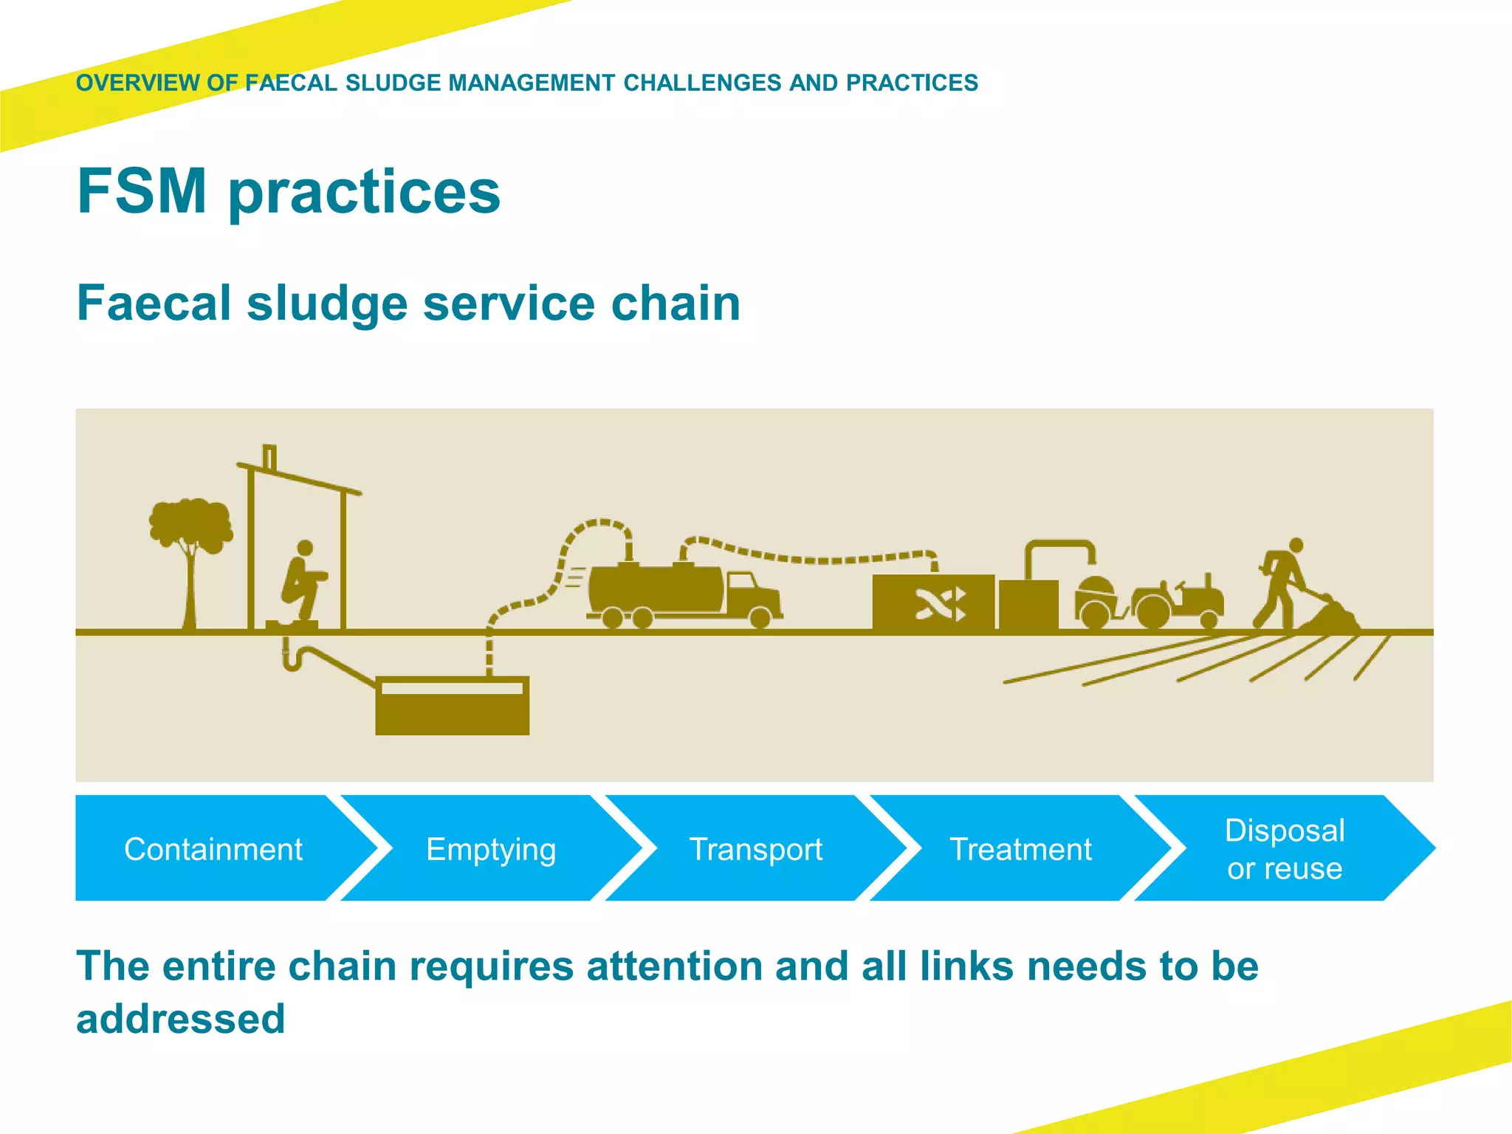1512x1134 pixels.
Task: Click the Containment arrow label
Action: [213, 849]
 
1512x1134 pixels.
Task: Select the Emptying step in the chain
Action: [491, 849]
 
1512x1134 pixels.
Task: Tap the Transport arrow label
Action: [755, 849]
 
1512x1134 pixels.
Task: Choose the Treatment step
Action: [1020, 849]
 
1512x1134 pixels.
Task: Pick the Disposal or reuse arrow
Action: [1285, 849]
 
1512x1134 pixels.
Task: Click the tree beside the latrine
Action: [190, 546]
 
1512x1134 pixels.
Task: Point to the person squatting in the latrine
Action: [303, 583]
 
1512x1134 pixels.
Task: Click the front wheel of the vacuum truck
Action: [760, 617]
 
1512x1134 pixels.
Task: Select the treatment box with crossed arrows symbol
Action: [933, 602]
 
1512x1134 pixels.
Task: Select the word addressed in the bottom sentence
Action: [181, 1019]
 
